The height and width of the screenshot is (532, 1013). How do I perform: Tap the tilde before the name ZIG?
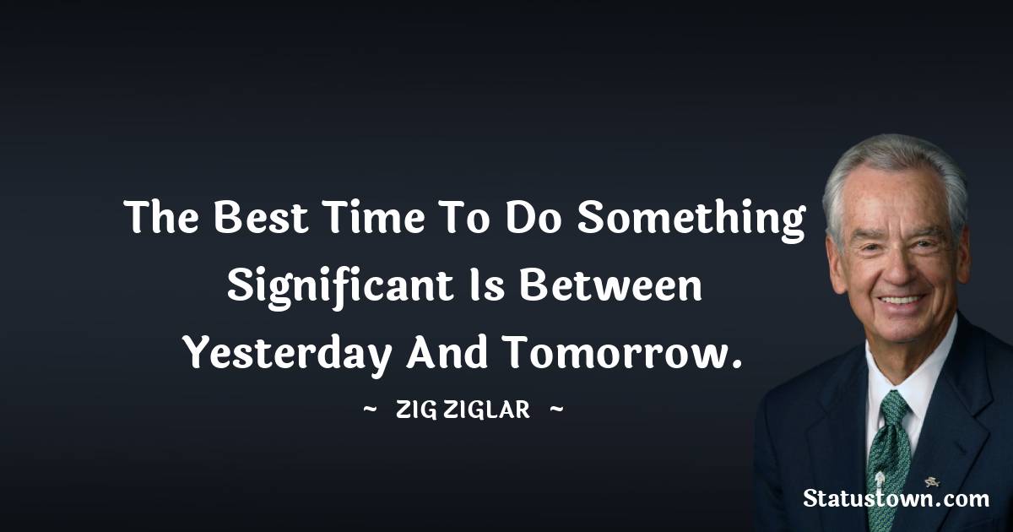tap(370, 411)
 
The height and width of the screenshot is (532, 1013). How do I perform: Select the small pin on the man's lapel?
tap(931, 482)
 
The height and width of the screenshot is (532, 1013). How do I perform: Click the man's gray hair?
tap(895, 160)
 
